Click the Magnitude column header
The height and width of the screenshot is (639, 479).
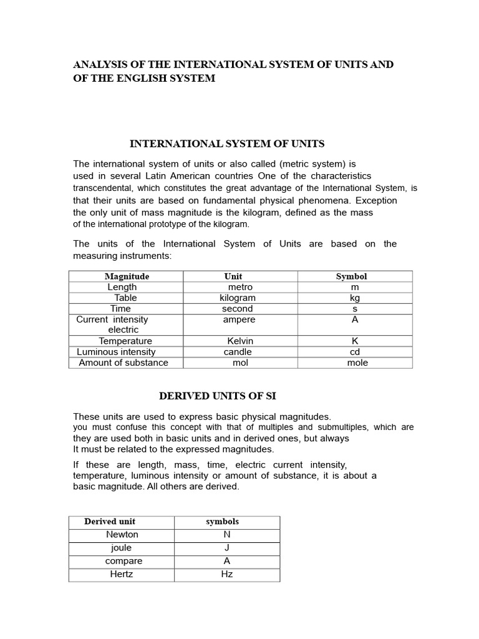click(127, 276)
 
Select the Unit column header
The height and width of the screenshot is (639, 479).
click(233, 276)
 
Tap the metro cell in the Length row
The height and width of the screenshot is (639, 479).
click(240, 287)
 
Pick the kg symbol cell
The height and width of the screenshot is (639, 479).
click(355, 298)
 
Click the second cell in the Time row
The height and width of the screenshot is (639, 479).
click(238, 308)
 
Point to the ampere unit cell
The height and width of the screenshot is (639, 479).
click(239, 319)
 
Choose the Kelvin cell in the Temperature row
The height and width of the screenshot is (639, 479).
click(240, 341)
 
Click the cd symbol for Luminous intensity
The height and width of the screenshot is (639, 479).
click(355, 351)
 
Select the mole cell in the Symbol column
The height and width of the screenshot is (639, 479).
click(357, 363)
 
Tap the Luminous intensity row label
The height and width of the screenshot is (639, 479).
click(116, 351)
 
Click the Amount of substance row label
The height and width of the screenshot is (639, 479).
click(123, 363)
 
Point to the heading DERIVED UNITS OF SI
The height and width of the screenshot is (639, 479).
click(218, 396)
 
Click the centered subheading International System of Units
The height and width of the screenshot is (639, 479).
click(227, 144)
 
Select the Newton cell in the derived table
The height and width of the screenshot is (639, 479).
click(122, 534)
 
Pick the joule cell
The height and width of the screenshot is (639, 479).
click(121, 548)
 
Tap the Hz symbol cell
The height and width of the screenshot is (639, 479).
click(227, 574)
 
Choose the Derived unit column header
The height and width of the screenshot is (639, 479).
click(110, 521)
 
